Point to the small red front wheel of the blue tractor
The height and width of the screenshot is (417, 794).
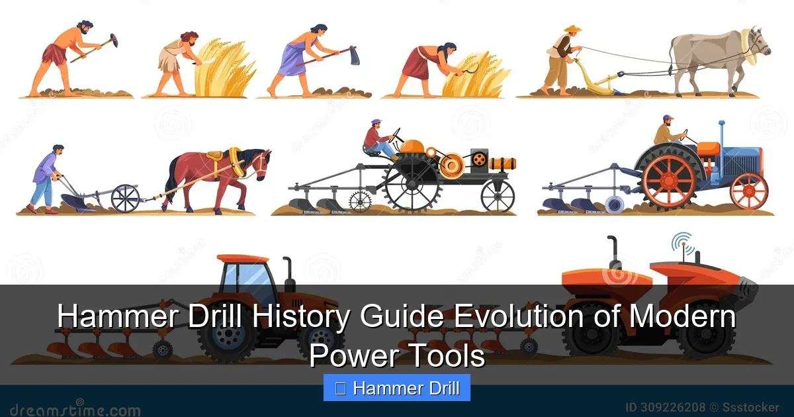[748, 191]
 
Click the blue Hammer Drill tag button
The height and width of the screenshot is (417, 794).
[397, 389]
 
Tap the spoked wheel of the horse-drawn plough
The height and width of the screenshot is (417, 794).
[125, 198]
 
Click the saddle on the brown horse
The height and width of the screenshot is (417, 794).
[215, 155]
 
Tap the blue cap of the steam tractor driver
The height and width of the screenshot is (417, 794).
[376, 122]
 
